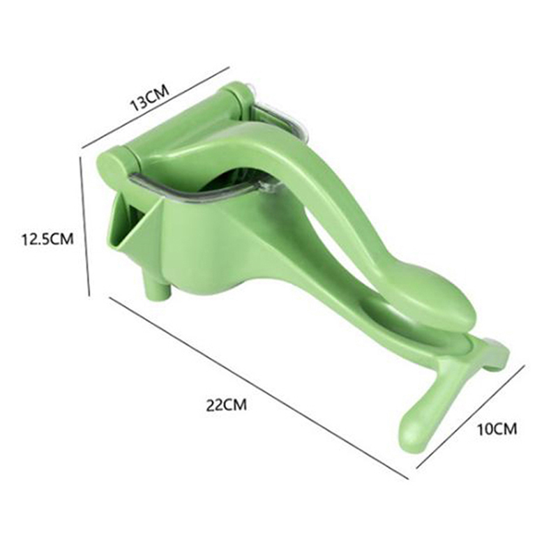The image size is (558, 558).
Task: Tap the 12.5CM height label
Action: coord(47,239)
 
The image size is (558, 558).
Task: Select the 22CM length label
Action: coord(227,405)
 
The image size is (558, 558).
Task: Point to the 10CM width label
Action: coord(497,429)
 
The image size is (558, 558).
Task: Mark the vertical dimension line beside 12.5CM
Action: coord(85,226)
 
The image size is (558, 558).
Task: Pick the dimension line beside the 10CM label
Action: coord(470,416)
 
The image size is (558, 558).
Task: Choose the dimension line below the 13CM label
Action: coord(155,107)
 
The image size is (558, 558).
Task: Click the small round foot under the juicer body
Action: coord(158,284)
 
